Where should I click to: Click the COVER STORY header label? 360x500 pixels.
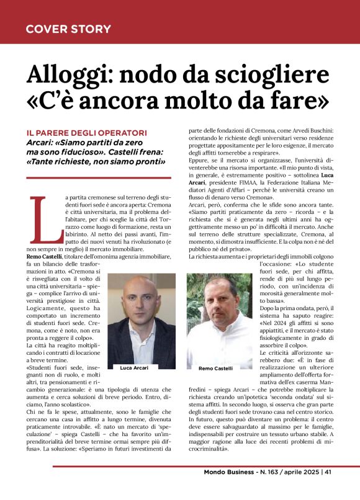coord(68,29)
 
